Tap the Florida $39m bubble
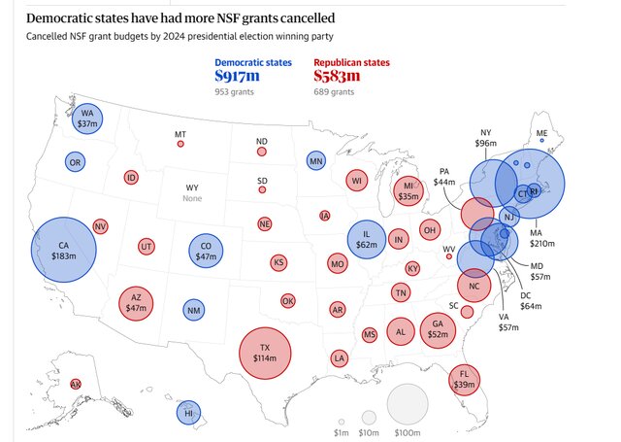[x=465, y=379]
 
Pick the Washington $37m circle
[x=89, y=119]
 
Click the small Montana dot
[x=180, y=144]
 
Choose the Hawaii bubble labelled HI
[x=188, y=413]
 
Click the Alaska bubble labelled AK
[x=76, y=384]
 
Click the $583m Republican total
[x=338, y=76]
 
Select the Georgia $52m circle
[x=438, y=330]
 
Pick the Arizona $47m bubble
[x=136, y=303]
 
